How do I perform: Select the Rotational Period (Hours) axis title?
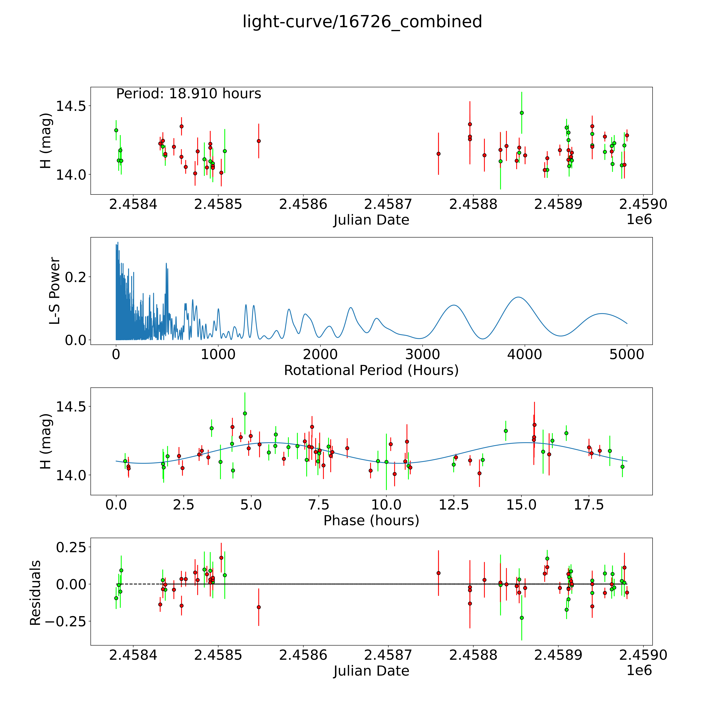coord(371,370)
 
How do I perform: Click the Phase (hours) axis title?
coord(371,521)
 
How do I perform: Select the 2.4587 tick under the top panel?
coord(388,204)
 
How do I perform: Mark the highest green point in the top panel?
coord(522,113)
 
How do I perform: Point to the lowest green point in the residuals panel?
coord(522,618)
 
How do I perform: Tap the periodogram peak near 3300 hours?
coord(454,305)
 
